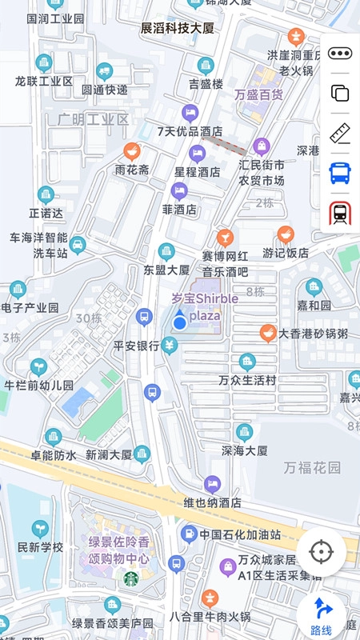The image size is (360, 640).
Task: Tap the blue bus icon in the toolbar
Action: coord(340,172)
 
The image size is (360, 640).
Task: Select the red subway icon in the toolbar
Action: coord(340,213)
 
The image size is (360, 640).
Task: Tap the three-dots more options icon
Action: coord(340,54)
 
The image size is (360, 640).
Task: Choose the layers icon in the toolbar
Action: coord(340,93)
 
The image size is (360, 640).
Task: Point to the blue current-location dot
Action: coord(180,322)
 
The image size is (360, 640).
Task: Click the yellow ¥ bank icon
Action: coord(169,345)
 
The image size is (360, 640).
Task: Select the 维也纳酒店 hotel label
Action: coord(212,503)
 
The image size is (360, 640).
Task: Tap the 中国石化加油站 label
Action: coord(240,534)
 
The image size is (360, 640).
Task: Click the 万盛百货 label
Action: coord(258,94)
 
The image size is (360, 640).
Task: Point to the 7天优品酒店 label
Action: coord(190,131)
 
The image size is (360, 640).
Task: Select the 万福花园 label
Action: coord(312,467)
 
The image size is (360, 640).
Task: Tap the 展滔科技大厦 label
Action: coord(178,29)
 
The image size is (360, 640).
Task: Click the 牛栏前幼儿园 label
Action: coord(39,385)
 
